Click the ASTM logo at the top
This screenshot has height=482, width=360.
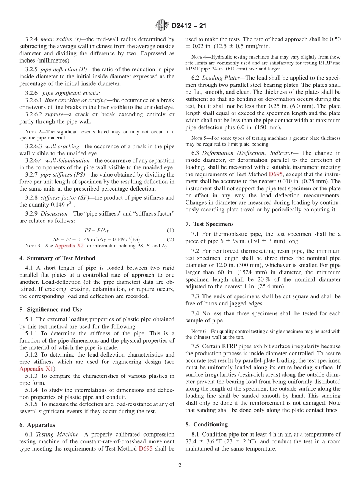(162, 26)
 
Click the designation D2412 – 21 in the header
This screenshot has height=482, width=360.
(189, 26)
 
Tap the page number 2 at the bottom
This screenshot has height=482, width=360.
(180, 465)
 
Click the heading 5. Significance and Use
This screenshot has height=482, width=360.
(51, 310)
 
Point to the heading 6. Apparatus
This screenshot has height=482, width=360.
(37, 425)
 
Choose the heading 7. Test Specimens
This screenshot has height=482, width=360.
(210, 224)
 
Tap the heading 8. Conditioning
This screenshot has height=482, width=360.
(207, 424)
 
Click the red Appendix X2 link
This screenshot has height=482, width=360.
(69, 246)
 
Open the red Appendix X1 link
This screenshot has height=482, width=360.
(36, 369)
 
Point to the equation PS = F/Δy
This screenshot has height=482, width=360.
(97, 230)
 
